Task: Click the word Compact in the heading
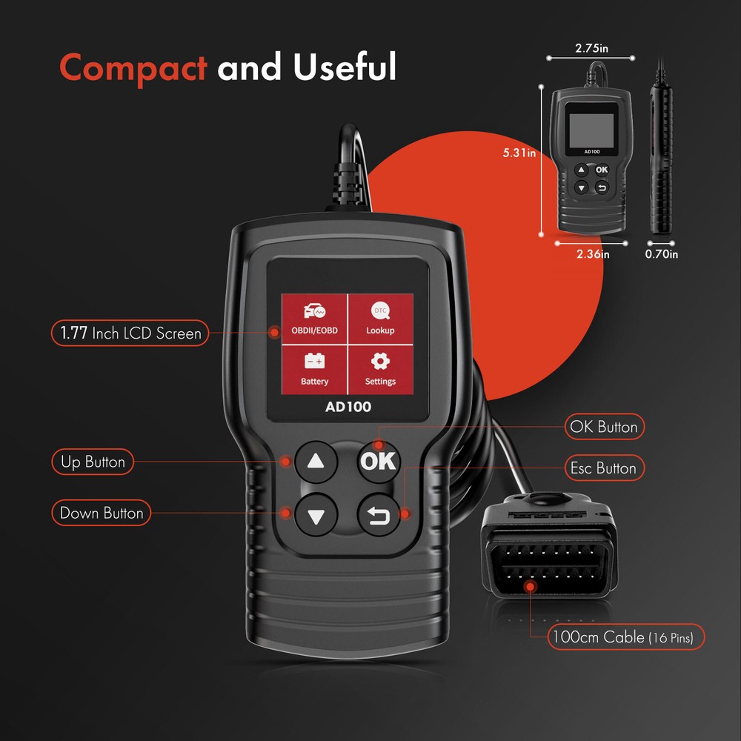(133, 67)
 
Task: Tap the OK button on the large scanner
(379, 462)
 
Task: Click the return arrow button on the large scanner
(379, 514)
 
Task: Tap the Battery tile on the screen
(314, 368)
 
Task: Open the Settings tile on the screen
(380, 368)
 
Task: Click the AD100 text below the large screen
(348, 406)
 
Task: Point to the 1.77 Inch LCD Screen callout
(130, 333)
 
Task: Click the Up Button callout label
(93, 462)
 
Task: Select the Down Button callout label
(101, 513)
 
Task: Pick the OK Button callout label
(602, 427)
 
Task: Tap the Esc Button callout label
(602, 468)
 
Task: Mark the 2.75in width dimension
(591, 49)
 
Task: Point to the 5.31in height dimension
(519, 153)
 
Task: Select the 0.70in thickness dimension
(662, 254)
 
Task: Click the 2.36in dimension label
(593, 254)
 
